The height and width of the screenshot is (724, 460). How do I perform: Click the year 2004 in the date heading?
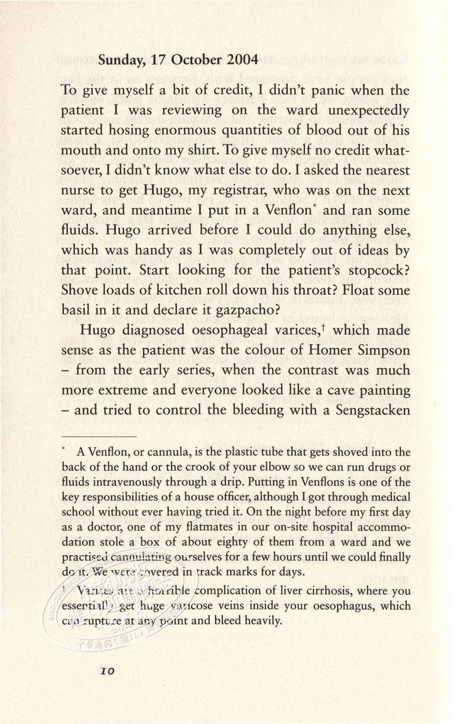pyautogui.click(x=239, y=60)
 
